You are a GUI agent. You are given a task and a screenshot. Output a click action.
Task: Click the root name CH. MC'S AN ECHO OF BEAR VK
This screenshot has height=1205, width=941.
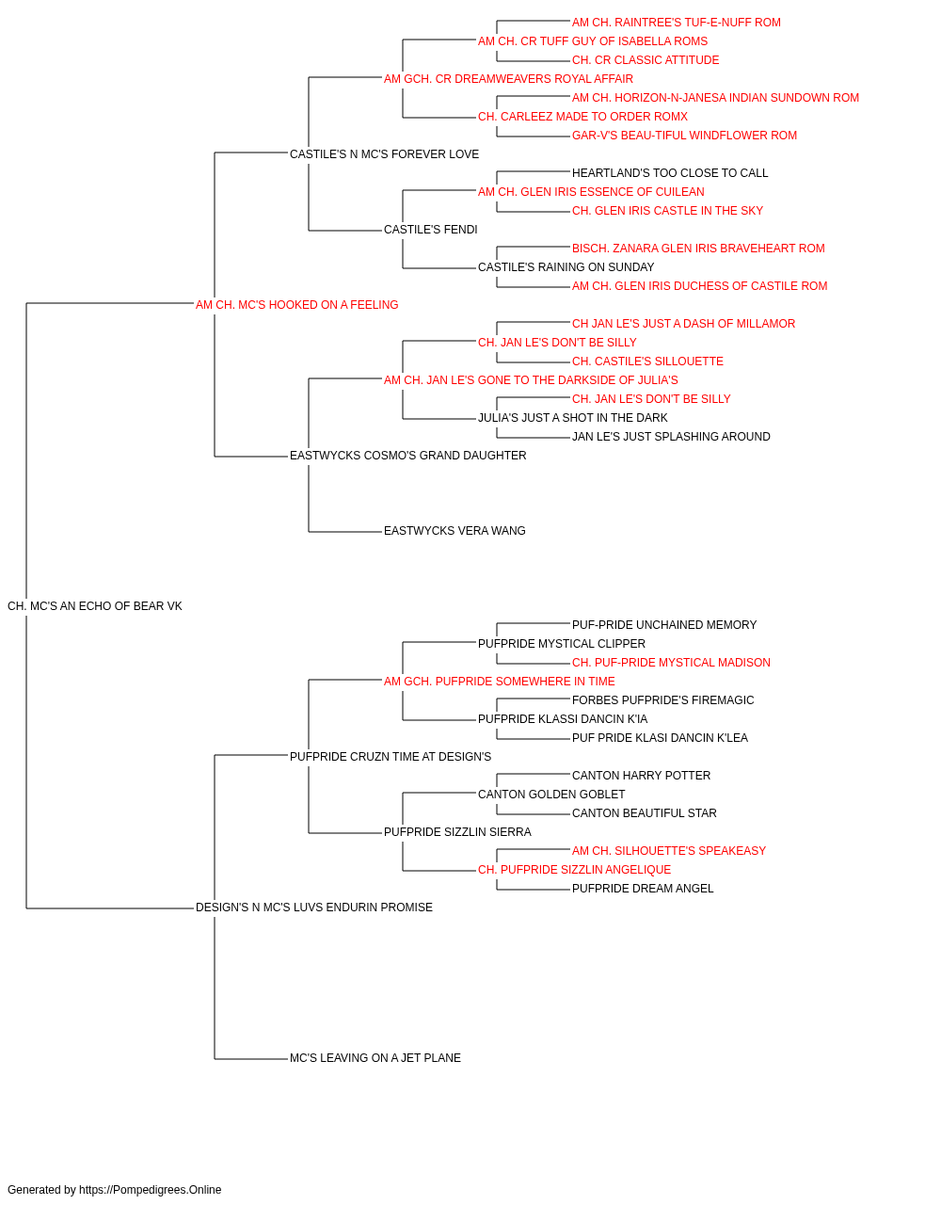point(95,606)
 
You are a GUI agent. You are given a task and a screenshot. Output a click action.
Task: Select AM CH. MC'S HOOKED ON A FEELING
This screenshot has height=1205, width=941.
point(297,305)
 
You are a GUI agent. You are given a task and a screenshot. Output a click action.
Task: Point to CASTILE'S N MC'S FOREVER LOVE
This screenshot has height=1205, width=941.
point(384,154)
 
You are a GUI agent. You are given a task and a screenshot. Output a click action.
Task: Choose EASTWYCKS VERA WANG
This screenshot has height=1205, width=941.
point(455,531)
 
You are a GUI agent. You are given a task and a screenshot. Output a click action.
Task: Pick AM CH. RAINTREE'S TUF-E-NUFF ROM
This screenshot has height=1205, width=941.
point(676,23)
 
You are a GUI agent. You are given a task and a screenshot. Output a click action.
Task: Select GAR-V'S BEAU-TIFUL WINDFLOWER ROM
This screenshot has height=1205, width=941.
point(684,136)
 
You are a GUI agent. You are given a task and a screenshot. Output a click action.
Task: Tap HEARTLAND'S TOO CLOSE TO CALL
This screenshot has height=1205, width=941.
point(670,173)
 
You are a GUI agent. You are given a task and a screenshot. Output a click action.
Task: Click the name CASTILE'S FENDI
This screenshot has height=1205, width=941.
point(431,230)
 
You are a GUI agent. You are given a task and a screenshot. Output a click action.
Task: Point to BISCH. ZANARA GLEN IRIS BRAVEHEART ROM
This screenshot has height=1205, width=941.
point(698,249)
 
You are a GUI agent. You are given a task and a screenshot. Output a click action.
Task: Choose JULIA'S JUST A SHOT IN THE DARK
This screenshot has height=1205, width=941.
point(572,418)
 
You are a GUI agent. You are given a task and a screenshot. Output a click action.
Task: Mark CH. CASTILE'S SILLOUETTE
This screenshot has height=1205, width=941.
point(647,361)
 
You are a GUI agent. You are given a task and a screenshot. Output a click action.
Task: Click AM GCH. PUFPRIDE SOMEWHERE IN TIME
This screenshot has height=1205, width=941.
point(500,682)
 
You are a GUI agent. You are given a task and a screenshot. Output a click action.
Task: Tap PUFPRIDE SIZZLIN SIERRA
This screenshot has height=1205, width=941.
point(457,832)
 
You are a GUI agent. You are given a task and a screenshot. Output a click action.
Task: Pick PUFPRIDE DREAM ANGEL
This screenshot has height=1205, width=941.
point(643,889)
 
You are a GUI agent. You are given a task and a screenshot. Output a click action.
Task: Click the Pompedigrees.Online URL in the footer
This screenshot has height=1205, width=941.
point(151,1190)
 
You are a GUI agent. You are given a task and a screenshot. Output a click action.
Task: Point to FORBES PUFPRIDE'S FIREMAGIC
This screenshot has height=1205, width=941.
point(662,700)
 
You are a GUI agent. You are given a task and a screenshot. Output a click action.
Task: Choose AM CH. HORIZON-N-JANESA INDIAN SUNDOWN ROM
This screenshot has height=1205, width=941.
point(715,98)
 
